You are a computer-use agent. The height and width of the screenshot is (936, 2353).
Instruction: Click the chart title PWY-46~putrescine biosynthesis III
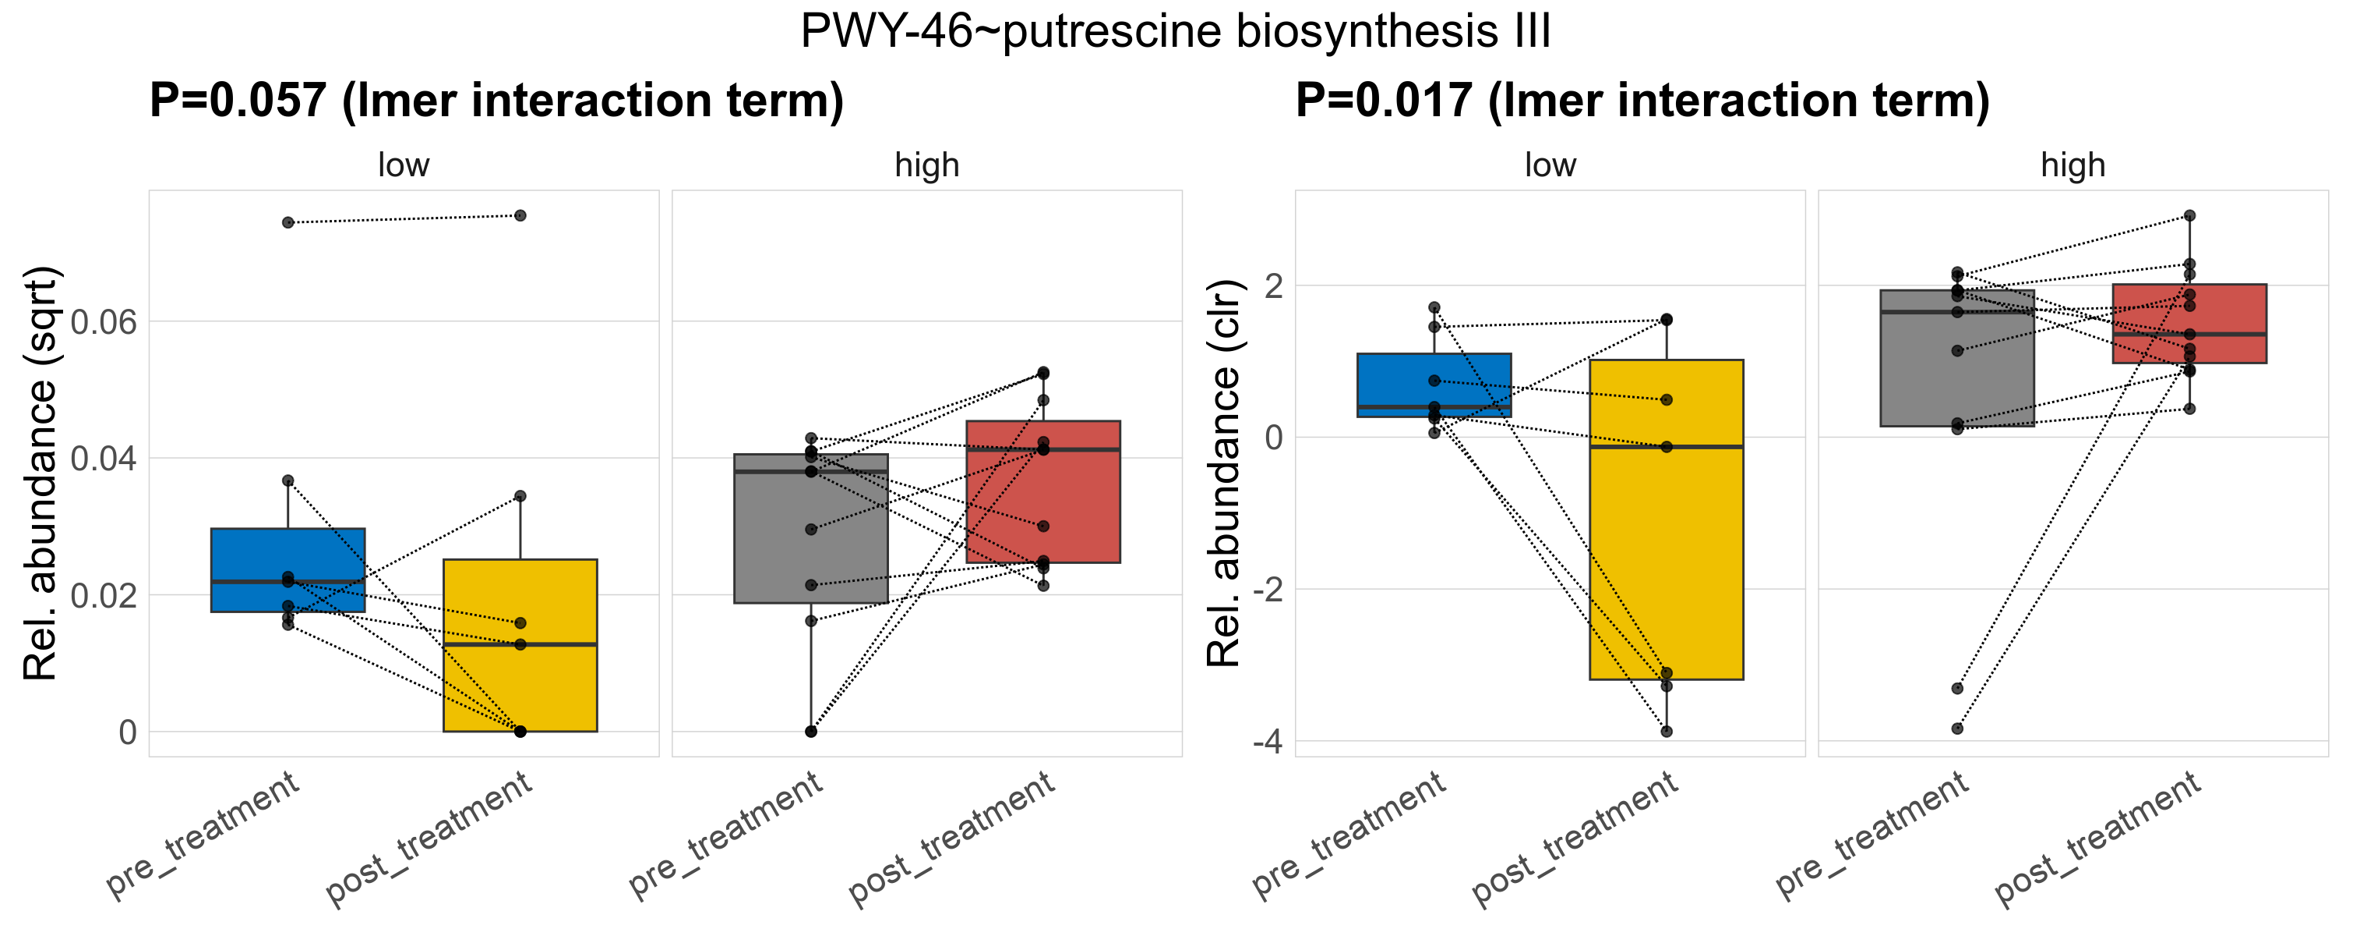[1176, 32]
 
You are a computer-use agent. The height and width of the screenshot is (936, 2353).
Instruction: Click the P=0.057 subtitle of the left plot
[496, 101]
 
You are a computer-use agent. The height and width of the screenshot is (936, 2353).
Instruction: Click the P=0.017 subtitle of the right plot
[1642, 101]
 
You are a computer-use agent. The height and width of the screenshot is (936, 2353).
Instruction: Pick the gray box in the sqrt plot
[810, 548]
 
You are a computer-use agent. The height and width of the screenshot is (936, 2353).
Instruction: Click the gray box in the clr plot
[1956, 384]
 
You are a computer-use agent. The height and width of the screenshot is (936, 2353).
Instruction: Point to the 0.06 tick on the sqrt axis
[103, 321]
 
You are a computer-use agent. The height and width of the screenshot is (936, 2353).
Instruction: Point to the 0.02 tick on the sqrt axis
[103, 595]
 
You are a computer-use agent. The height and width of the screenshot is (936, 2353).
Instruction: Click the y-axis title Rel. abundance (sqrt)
[41, 473]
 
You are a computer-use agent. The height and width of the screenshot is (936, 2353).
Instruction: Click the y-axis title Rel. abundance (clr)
[1224, 473]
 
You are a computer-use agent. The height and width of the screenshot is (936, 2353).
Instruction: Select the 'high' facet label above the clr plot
[2073, 165]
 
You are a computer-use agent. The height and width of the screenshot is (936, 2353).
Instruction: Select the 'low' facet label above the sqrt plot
[403, 165]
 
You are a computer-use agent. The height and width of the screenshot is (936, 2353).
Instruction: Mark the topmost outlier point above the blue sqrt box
[288, 222]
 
